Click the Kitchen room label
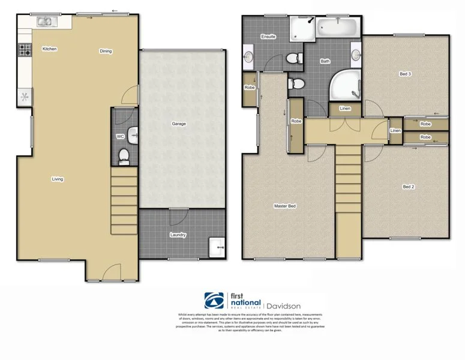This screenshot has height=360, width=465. (x=49, y=49)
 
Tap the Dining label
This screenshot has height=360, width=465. (x=106, y=51)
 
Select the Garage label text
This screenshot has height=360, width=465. (x=179, y=124)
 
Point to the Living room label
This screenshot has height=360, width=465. (x=58, y=179)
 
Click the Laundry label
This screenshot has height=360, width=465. (x=177, y=235)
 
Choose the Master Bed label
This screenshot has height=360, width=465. (x=284, y=206)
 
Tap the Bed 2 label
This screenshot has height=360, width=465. (x=409, y=187)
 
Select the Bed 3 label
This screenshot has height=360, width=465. (x=406, y=74)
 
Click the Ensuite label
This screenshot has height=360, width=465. (x=268, y=37)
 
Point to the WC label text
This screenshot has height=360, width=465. (x=120, y=137)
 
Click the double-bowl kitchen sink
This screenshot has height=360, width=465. (x=45, y=22)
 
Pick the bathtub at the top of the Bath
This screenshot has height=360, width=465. (x=337, y=27)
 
